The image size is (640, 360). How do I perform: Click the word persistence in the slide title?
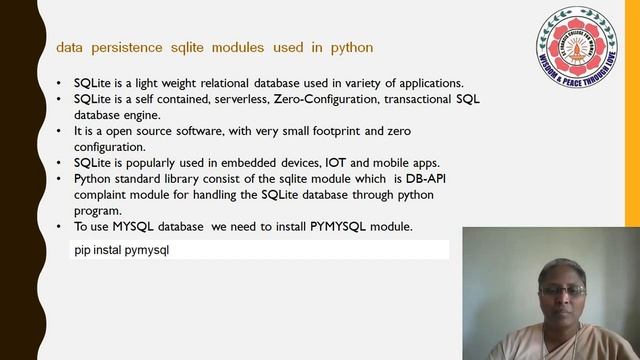[131, 47]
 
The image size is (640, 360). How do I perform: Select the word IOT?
[334, 163]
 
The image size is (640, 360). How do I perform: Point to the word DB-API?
[433, 179]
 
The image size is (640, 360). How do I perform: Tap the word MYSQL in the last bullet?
[137, 228]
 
